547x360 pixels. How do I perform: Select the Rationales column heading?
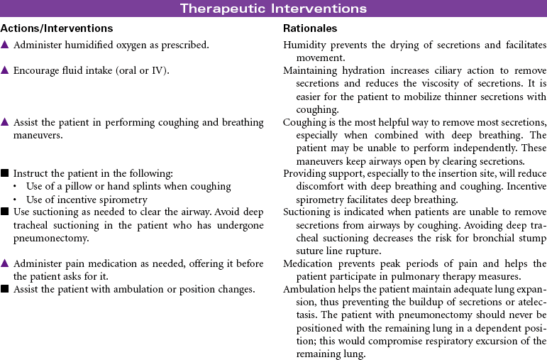pos(310,28)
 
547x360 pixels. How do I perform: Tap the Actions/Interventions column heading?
pos(57,28)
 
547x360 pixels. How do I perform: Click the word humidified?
pos(82,45)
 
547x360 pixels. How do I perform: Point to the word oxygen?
pos(126,45)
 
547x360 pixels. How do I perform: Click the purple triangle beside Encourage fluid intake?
pos(5,71)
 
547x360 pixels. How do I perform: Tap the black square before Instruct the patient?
pos(5,173)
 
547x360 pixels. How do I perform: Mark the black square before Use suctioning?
pos(5,212)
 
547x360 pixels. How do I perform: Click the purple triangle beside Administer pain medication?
pos(5,263)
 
